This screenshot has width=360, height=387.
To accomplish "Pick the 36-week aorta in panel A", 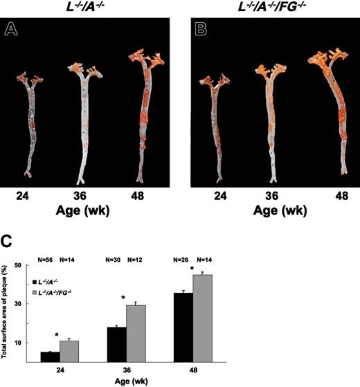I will coord(82,121).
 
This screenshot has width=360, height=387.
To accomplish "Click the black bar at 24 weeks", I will coord(49,357).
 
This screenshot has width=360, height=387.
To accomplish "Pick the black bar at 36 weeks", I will coord(117,344).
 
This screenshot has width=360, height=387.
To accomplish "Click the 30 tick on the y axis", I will coord(28,304).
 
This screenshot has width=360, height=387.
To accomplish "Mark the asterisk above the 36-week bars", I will coord(123,298).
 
